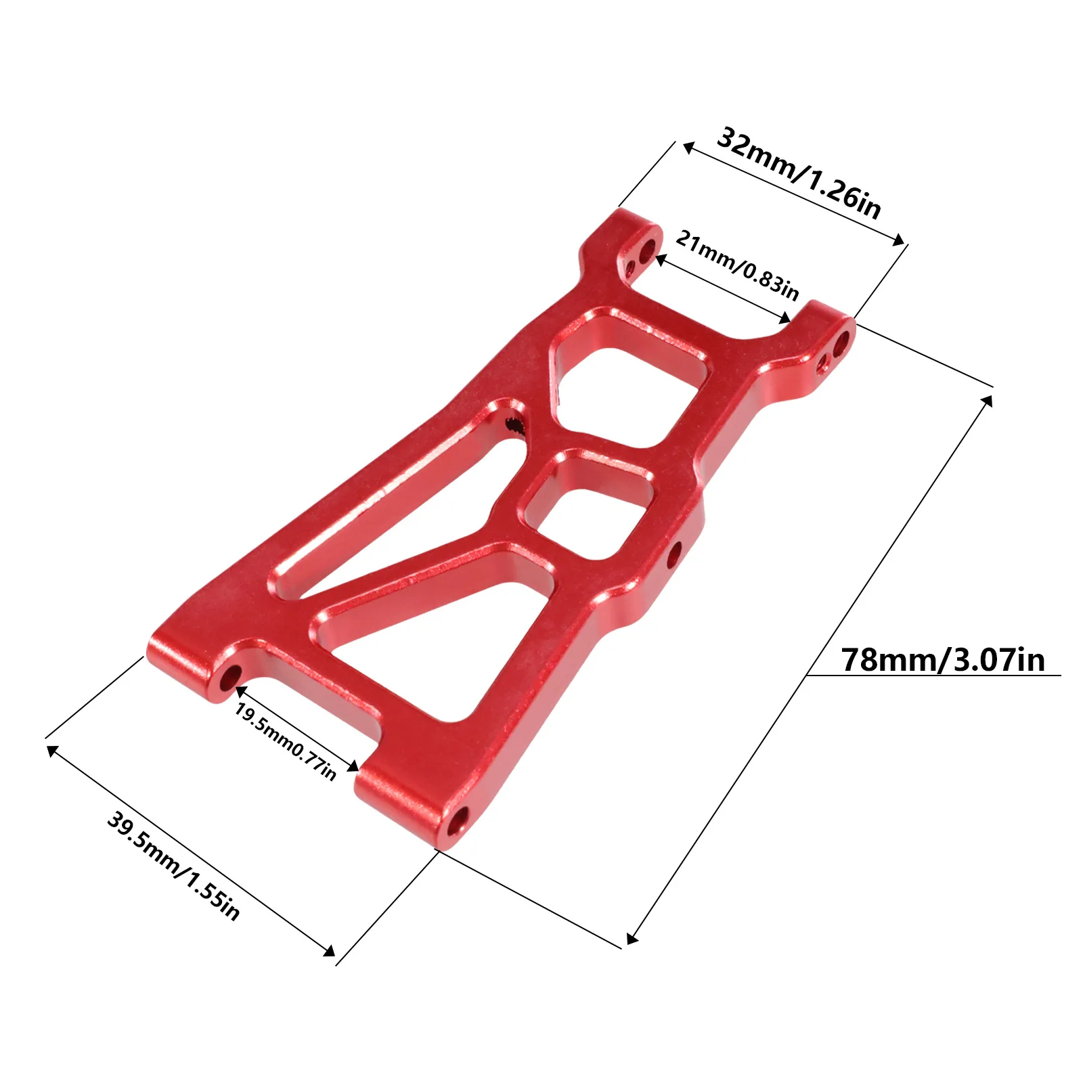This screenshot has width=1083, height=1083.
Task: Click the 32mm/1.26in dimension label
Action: point(799,173)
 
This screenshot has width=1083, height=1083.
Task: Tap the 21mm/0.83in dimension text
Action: point(737,265)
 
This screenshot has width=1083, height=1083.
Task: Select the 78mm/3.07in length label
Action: point(942,659)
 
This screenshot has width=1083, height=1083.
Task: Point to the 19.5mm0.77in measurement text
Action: point(285,741)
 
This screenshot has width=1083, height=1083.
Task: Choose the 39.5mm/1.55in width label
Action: point(173,866)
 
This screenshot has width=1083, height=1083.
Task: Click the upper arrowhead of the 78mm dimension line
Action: point(988,400)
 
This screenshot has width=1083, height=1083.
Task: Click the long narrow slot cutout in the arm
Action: point(399,514)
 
